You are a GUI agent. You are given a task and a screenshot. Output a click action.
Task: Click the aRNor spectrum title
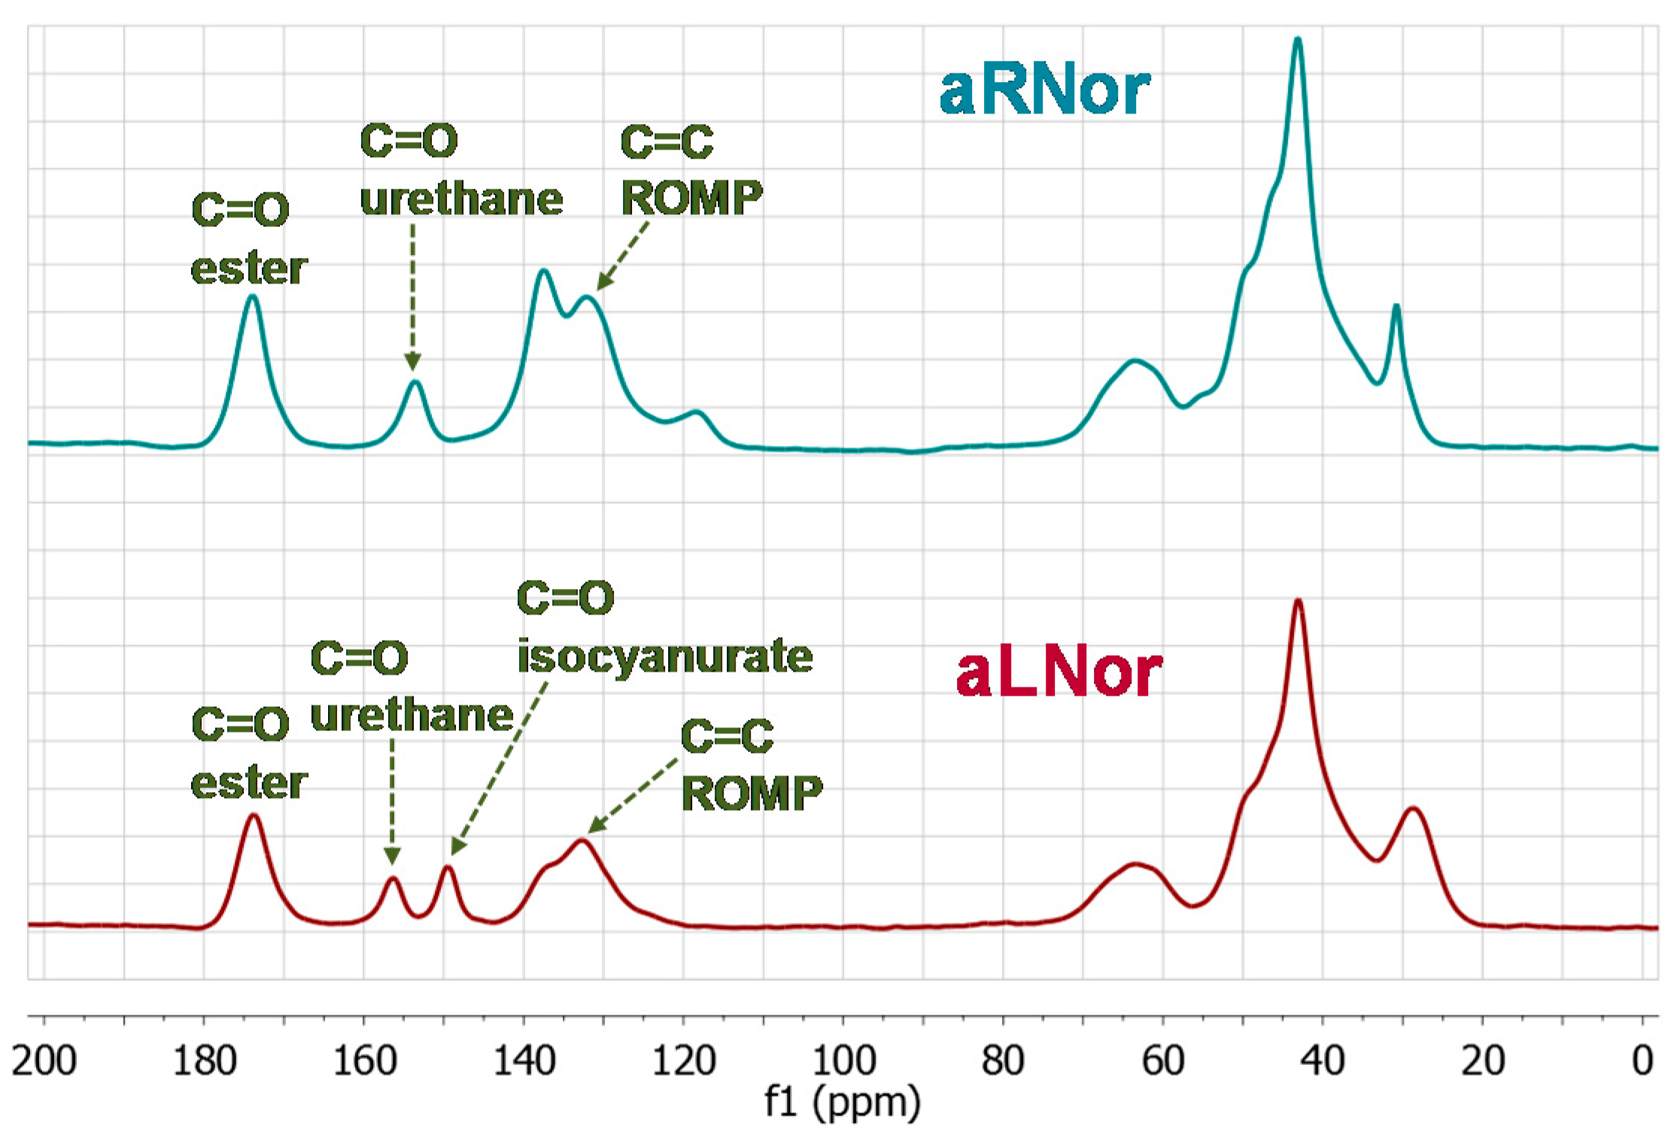[x=1044, y=91]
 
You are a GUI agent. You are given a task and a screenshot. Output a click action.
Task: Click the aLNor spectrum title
[x=1059, y=673]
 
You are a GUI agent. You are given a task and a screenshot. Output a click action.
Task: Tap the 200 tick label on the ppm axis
[x=44, y=1061]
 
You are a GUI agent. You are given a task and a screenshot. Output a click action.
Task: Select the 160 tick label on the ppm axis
[x=364, y=1061]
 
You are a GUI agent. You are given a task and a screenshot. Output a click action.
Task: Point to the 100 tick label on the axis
[x=843, y=1061]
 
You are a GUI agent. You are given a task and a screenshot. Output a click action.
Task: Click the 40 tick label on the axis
[x=1323, y=1061]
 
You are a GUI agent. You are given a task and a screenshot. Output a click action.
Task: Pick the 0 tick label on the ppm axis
[x=1642, y=1061]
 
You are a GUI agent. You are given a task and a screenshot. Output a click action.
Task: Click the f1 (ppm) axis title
[x=843, y=1103]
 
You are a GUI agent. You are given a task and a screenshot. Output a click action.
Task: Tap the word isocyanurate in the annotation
[x=665, y=656]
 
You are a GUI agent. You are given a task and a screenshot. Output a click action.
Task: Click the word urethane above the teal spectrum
[x=461, y=199]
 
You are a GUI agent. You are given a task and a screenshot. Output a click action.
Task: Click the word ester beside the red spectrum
[x=249, y=784]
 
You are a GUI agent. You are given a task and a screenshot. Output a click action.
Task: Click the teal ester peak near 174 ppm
[x=253, y=297]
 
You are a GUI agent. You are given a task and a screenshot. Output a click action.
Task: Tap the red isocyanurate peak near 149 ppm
[x=448, y=869]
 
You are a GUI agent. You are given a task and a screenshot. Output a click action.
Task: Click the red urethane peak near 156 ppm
[x=392, y=879]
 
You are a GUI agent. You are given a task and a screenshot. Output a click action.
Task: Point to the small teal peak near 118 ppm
[x=697, y=413]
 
